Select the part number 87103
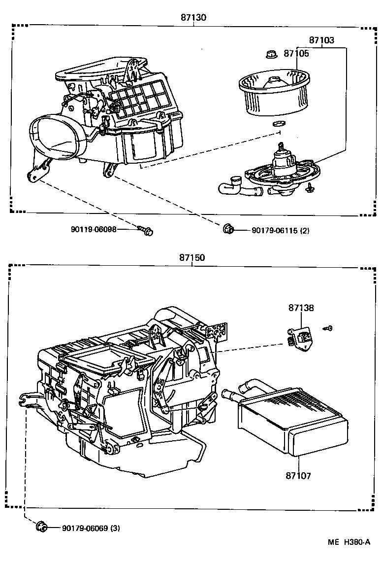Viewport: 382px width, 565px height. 321,41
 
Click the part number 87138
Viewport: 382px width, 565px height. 301,308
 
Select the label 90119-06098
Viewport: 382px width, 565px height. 94,229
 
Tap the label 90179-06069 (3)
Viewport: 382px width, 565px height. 91,528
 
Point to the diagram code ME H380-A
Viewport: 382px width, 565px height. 349,542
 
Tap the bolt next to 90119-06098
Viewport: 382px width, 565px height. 146,230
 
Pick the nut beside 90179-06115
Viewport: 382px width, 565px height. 228,229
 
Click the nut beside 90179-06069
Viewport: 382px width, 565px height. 41,527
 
